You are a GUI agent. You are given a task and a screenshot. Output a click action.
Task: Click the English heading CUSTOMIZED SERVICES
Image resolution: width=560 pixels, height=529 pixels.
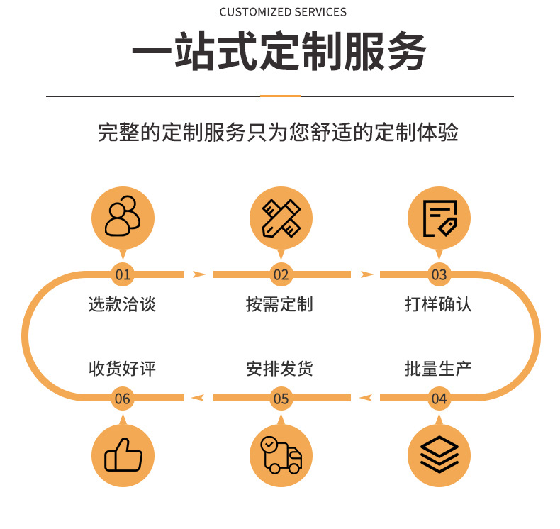point(283,12)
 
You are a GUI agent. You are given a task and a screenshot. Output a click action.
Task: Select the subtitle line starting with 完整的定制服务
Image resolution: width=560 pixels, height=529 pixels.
point(279,133)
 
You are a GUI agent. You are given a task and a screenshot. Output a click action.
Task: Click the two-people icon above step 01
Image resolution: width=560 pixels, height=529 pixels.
point(123,217)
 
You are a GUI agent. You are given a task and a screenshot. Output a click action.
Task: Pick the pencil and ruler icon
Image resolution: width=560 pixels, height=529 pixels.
point(281,217)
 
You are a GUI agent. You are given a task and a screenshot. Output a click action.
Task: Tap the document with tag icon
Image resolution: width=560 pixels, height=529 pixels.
point(439,217)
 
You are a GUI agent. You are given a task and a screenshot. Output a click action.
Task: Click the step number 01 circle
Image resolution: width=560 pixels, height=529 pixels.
point(123,274)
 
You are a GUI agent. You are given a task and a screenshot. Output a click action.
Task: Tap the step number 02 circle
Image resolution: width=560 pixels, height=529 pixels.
point(281,274)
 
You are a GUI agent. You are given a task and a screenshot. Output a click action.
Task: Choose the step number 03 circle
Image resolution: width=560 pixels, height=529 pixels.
point(439,274)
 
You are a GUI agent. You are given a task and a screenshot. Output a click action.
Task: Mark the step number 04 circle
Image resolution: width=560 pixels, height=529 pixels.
point(439,398)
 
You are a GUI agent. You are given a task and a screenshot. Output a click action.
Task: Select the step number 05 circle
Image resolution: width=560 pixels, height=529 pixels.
point(281,398)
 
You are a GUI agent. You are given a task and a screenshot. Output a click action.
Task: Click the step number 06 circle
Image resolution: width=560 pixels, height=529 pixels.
point(123,398)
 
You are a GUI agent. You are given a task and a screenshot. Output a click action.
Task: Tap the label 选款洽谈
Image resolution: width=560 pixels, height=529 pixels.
point(122,304)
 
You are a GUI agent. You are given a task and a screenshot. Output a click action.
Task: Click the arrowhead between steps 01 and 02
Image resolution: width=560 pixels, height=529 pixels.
point(199,274)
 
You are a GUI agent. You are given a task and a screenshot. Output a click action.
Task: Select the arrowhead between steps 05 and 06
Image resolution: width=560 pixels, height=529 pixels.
point(199,398)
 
